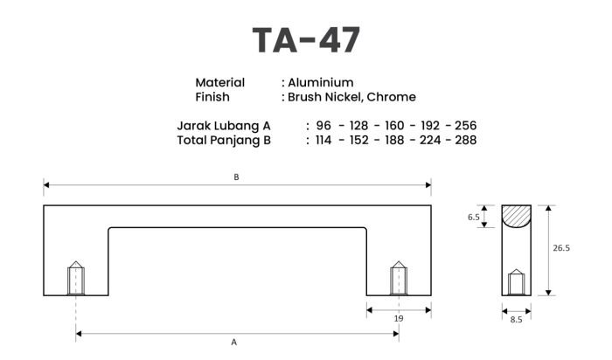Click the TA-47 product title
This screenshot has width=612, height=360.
tap(306, 40)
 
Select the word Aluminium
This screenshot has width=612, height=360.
tap(321, 83)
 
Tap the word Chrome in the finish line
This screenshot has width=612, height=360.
tap(391, 97)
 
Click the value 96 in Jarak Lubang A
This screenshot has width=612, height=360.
tap(323, 126)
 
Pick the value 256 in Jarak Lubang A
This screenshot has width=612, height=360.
tap(466, 126)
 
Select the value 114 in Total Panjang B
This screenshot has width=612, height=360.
tap(323, 140)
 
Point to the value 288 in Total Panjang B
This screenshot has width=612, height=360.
tap(466, 140)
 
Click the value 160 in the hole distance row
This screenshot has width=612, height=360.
tap(394, 126)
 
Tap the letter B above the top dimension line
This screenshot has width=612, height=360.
tap(236, 177)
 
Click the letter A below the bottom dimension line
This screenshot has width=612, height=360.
tap(233, 342)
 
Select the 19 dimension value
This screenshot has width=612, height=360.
tap(399, 318)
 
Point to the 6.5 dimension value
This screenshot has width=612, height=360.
tap(474, 217)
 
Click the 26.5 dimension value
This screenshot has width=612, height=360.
tap(561, 247)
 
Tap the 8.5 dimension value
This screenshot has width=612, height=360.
tap(516, 320)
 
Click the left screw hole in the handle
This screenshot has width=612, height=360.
tap(76, 278)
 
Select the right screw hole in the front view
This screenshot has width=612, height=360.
tap(399, 278)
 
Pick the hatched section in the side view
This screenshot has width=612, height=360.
tap(516, 215)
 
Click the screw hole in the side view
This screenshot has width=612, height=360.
tap(516, 282)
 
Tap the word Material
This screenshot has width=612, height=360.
tap(219, 83)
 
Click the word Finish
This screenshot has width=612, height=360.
tap(212, 97)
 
